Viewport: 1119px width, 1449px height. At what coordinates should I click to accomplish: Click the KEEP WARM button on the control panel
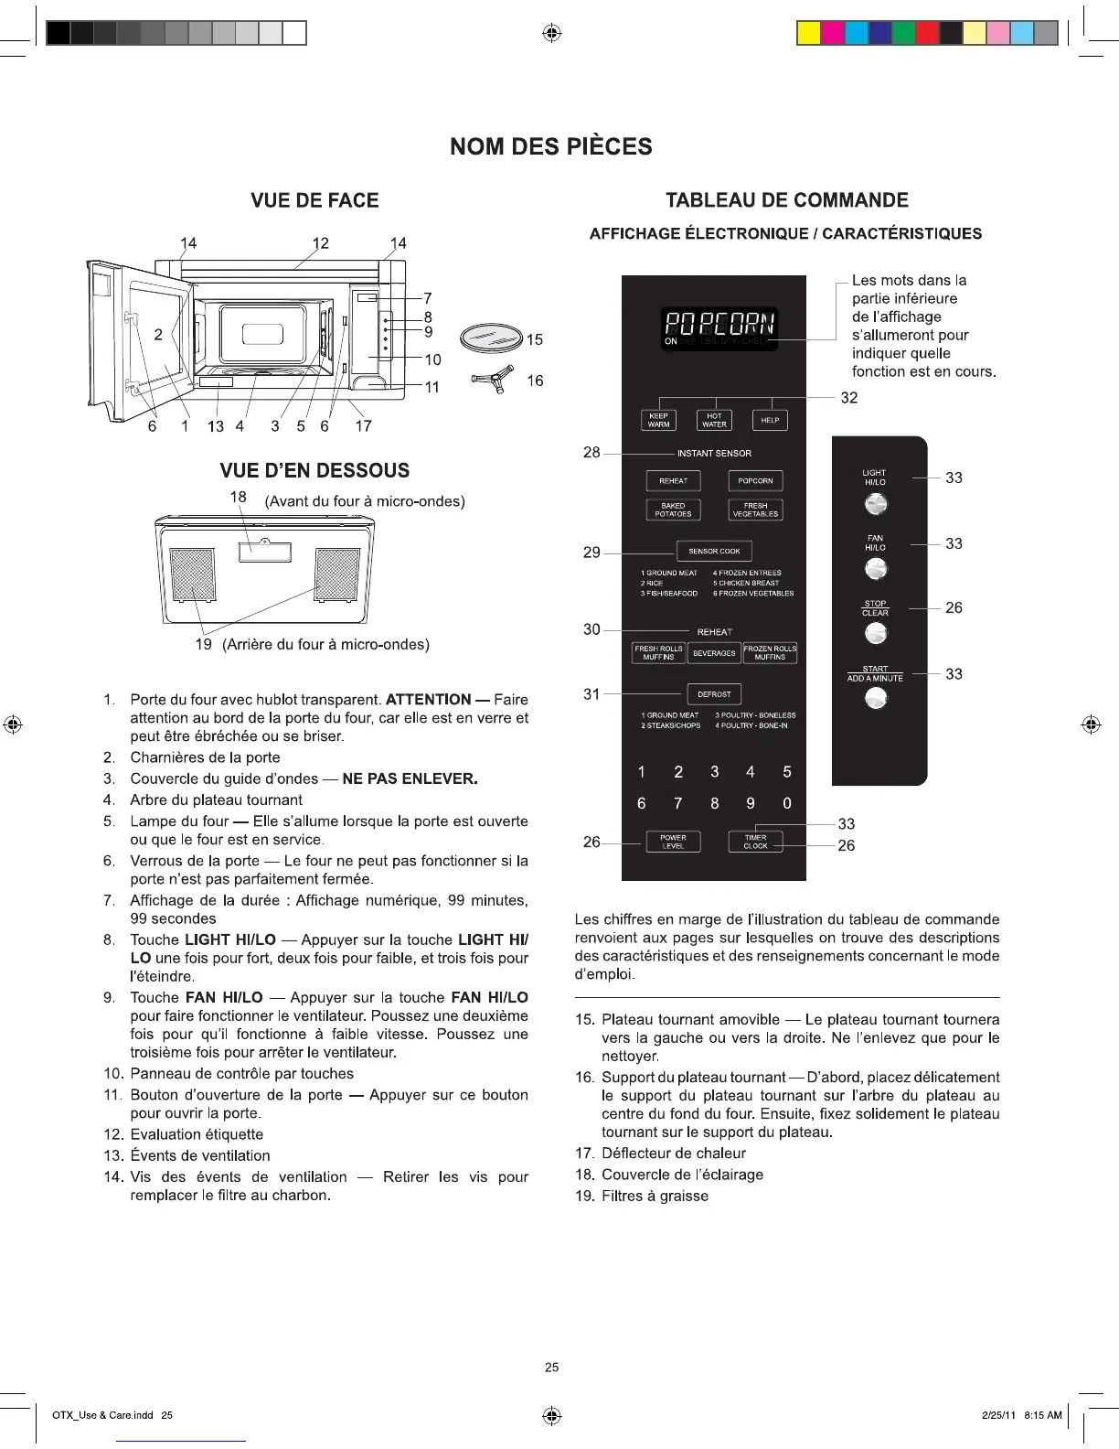[x=658, y=420]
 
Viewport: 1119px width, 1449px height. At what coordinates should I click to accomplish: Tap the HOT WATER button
[x=714, y=420]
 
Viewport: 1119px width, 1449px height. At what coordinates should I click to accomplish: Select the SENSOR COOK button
[x=714, y=552]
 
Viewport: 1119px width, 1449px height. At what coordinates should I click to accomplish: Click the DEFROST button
[x=714, y=694]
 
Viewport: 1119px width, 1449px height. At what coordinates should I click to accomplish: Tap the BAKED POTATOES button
[x=673, y=510]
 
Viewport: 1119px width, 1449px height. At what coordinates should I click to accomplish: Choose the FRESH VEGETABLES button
[x=755, y=510]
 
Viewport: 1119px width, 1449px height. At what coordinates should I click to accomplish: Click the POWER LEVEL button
[x=673, y=842]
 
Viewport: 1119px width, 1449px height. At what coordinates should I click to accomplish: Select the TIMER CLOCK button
[x=755, y=842]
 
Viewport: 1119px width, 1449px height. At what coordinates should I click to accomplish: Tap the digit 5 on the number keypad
[x=786, y=772]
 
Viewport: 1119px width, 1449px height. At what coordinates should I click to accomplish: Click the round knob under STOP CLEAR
[x=876, y=633]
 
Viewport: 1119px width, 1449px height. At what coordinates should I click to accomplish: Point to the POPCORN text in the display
[x=719, y=323]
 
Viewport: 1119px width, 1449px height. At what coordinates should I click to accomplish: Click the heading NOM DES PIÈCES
[x=551, y=147]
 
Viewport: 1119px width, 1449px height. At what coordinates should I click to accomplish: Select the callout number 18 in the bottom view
[x=238, y=497]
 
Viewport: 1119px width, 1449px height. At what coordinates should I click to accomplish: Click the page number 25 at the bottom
[x=551, y=1368]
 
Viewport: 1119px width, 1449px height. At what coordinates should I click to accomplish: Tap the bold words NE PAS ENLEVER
[x=410, y=779]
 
